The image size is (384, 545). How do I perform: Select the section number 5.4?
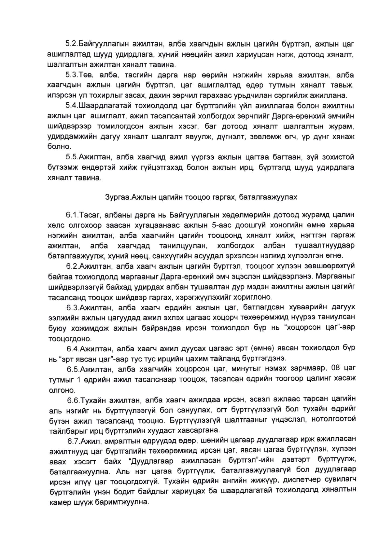point(71,106)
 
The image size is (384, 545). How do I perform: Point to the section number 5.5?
point(72,157)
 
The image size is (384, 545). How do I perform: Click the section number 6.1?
point(72,215)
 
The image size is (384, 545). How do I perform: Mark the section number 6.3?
point(73,307)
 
